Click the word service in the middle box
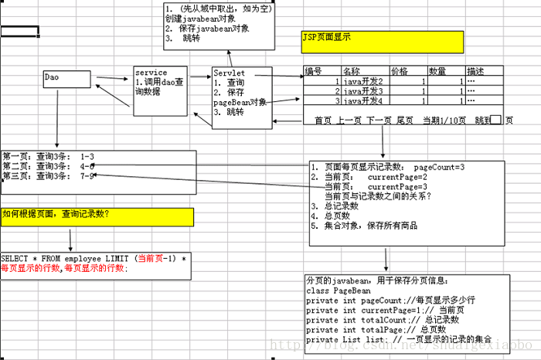pos(151,73)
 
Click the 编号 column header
pos(313,71)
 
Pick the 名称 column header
pos(352,71)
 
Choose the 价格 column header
pos(400,71)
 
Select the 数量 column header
pos(437,71)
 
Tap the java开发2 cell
pos(363,81)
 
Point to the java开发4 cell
pos(363,101)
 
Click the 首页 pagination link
pos(323,121)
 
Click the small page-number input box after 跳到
pos(496,121)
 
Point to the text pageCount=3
pos(438,168)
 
